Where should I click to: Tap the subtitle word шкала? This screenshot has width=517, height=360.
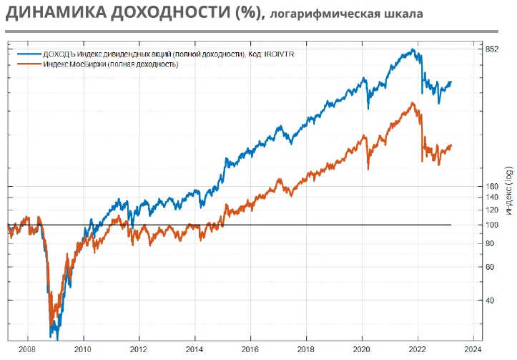(402, 14)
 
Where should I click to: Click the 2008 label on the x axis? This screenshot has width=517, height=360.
(28, 350)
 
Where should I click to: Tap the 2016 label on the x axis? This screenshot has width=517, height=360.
(250, 350)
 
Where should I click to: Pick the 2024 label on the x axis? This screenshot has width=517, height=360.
(473, 350)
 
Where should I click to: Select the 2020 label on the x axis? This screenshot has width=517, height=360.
(362, 350)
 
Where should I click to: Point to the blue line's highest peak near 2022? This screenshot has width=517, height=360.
(413, 49)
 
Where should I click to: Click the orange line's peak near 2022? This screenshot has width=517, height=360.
(413, 103)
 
